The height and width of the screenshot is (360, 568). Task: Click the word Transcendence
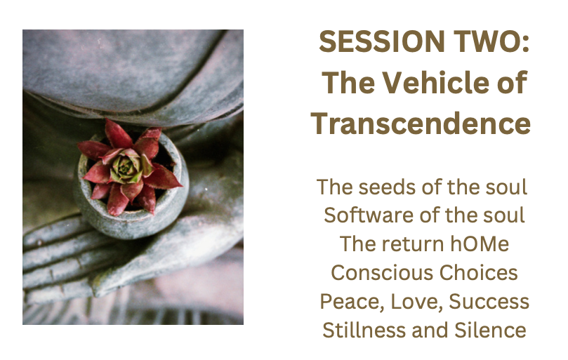421,124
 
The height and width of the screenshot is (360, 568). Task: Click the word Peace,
351,302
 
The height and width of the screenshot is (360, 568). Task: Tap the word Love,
416,302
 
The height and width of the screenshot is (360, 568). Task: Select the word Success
489,301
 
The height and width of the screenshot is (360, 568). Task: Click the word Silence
490,330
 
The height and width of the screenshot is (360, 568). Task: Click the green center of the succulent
126,167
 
